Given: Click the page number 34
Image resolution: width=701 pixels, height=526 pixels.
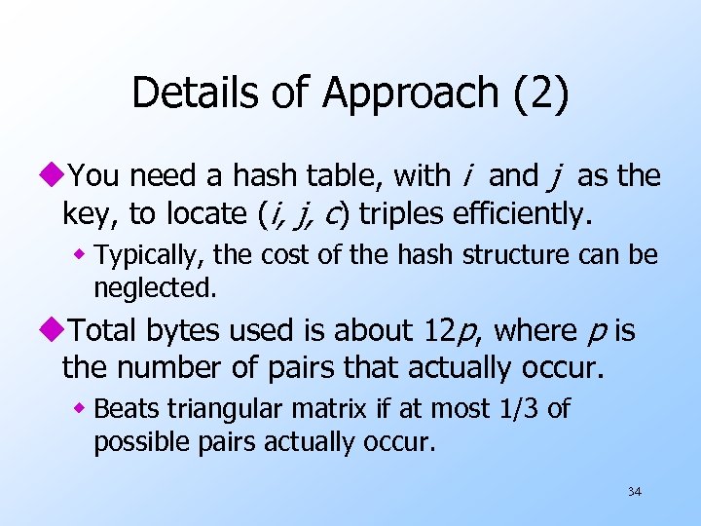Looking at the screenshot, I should point(634,492).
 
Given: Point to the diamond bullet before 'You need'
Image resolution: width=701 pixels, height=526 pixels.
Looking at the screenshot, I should point(52,177).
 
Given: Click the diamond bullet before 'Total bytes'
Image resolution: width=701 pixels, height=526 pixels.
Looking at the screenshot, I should point(52,332).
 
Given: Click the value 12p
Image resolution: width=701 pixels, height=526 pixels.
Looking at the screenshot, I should point(451,332).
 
